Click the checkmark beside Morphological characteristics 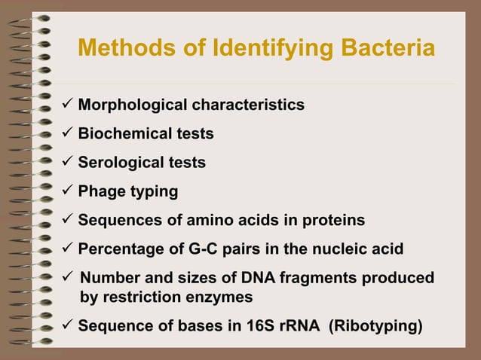[x=67, y=104]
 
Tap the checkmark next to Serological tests [x=67, y=162]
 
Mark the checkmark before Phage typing [x=67, y=191]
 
